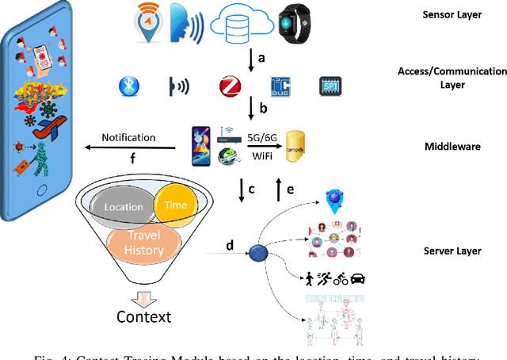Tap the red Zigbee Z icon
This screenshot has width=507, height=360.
tap(231, 86)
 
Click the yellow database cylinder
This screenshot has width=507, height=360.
tap(295, 145)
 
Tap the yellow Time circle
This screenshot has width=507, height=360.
tap(176, 203)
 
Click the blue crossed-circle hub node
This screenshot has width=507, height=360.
tap(257, 256)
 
